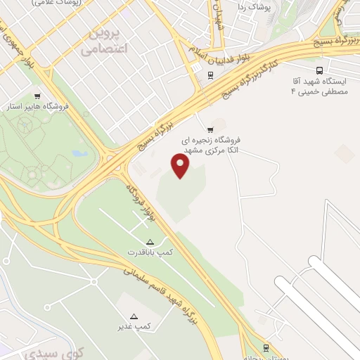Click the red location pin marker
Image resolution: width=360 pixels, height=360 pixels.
pyautogui.click(x=181, y=166)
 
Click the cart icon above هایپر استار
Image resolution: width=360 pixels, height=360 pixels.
pyautogui.click(x=37, y=96)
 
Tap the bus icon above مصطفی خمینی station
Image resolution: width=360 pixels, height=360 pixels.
pyautogui.click(x=320, y=70)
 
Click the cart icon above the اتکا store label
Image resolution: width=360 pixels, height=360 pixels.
pyautogui.click(x=210, y=130)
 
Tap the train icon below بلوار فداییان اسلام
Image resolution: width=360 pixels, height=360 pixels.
pyautogui.click(x=210, y=75)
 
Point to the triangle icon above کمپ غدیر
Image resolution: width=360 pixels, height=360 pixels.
pyautogui.click(x=134, y=316)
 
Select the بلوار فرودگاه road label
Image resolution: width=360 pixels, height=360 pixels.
pyautogui.click(x=141, y=204)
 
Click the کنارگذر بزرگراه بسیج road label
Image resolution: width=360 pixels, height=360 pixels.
pyautogui.click(x=245, y=74)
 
